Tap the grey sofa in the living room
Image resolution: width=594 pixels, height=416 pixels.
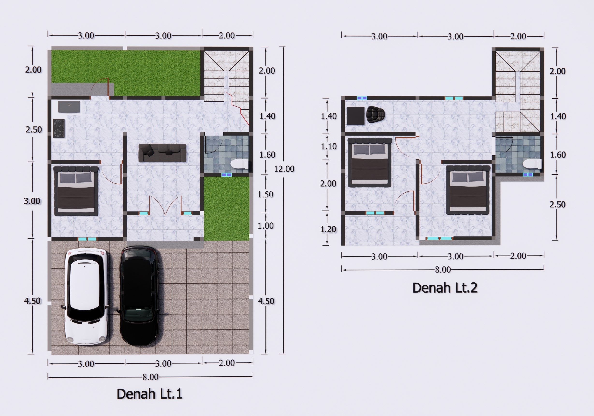coord(162,153)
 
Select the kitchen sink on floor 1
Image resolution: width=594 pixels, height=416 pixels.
coord(69,107)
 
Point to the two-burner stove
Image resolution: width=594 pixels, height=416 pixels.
coord(59,128)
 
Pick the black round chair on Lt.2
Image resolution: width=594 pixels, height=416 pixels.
coord(375,114)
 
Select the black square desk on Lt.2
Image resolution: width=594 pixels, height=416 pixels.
coord(355,116)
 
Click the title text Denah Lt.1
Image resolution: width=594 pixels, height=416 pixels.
coord(150,394)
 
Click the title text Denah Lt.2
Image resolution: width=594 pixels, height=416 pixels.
coord(445,288)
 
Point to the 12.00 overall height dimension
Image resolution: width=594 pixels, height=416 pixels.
coord(284,169)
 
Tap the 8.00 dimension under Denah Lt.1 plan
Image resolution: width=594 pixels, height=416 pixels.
coord(150,377)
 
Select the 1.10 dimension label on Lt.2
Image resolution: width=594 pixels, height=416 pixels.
coord(329,146)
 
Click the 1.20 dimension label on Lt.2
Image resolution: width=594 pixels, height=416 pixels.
coord(328,229)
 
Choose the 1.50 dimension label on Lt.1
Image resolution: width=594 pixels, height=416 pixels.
coord(265,194)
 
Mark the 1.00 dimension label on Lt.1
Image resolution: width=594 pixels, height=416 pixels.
coord(266,226)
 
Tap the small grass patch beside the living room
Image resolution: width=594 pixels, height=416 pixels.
coord(226,209)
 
